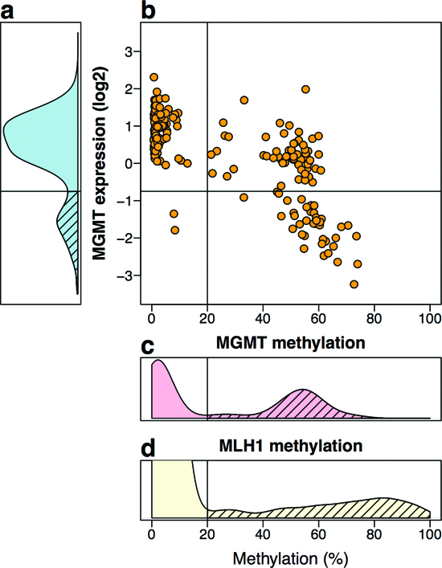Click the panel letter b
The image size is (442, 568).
point(148,10)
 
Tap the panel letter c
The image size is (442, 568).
point(147,347)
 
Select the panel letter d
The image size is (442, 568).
point(148,448)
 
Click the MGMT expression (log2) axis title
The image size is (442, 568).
point(100,163)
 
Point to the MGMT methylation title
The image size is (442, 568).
point(291,343)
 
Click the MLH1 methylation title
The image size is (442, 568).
point(291,445)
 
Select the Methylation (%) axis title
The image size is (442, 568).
point(291,558)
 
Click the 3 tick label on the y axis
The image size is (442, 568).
point(129,51)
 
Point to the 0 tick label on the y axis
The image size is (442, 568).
point(129,163)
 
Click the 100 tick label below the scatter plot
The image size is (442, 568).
point(430,319)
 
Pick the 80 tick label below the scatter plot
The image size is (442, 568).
point(374,319)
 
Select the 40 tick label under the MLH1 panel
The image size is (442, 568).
point(263,534)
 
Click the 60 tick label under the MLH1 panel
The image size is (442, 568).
point(318,534)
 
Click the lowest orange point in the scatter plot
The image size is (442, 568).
point(354,284)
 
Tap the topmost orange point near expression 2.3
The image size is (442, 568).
point(154,77)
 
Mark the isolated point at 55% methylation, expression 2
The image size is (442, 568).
point(305,89)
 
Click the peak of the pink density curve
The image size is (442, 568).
point(158,361)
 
